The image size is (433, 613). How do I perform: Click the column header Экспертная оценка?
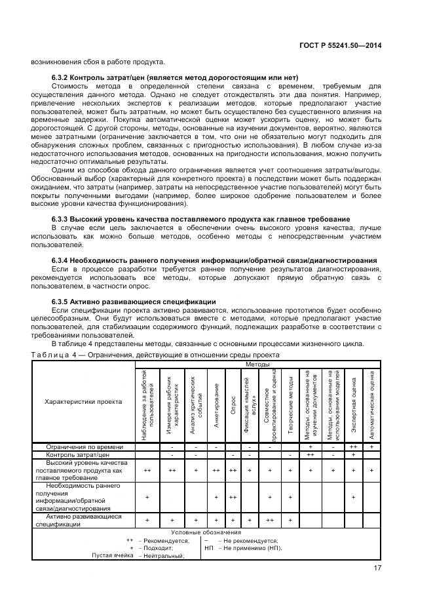tap(353, 405)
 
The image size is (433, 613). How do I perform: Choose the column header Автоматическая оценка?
tap(371, 405)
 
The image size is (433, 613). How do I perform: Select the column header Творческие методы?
tap(290, 405)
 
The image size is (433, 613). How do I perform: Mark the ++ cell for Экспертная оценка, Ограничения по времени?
tap(353, 446)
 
